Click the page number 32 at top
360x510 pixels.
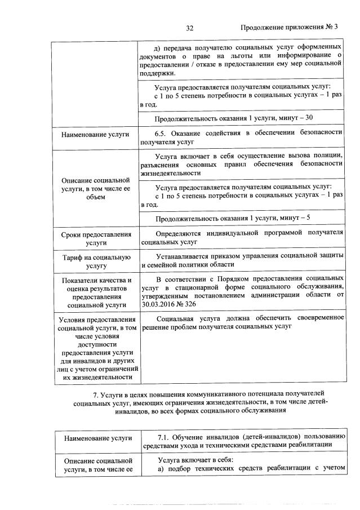190,27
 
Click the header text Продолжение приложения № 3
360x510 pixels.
289,27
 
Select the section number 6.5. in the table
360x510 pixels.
162,132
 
